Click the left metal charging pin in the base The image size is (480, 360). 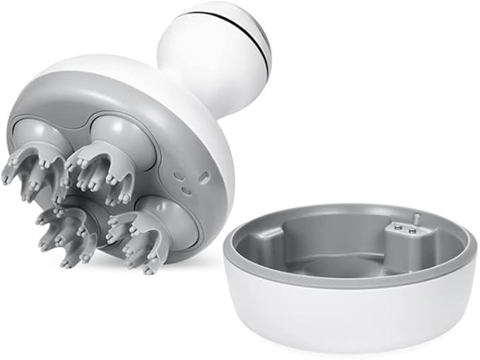397,227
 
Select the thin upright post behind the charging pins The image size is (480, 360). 417,219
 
